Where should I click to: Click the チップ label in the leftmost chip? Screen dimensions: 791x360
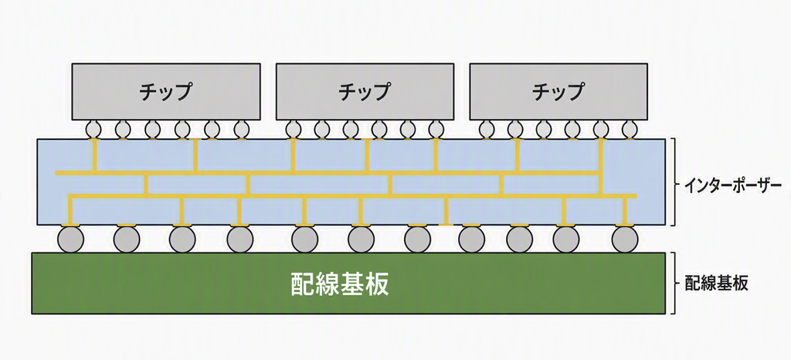tap(166, 92)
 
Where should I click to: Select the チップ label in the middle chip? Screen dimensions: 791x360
tap(365, 92)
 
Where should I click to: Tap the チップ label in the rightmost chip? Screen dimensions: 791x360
tap(558, 92)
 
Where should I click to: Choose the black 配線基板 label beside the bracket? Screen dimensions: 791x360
tap(716, 283)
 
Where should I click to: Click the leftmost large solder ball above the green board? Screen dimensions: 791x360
tap(71, 239)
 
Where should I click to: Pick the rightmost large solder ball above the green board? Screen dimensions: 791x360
tap(624, 239)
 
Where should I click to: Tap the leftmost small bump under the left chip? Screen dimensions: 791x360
tap(93, 130)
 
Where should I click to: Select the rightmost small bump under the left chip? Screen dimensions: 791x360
tap(242, 130)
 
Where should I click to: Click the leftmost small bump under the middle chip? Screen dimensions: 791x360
tap(294, 130)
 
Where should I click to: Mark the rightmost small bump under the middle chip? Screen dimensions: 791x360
tap(436, 130)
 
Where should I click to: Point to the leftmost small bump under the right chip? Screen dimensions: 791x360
tap(487, 130)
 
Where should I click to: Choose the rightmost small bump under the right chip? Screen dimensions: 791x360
tap(629, 130)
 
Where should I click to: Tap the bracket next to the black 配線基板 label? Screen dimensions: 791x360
tap(675, 283)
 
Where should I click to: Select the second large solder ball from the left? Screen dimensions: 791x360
tap(127, 239)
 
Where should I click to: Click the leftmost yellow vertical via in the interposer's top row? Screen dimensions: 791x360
tap(95, 156)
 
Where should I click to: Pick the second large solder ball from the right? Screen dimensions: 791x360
tap(566, 239)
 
